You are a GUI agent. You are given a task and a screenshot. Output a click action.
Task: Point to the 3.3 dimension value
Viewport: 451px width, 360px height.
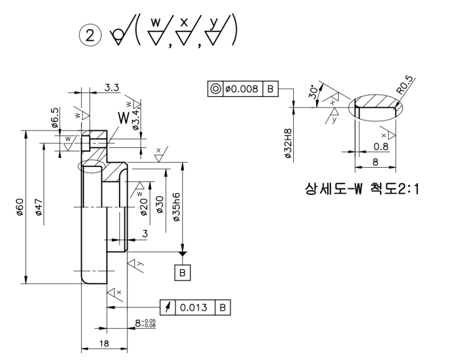(111, 87)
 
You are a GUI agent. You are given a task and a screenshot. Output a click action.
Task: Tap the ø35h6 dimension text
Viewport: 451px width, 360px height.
(177, 205)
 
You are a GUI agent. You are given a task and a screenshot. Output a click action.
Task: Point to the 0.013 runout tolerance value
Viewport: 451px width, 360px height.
(194, 308)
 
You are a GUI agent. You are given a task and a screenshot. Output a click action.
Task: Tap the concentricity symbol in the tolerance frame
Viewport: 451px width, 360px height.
(215, 89)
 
